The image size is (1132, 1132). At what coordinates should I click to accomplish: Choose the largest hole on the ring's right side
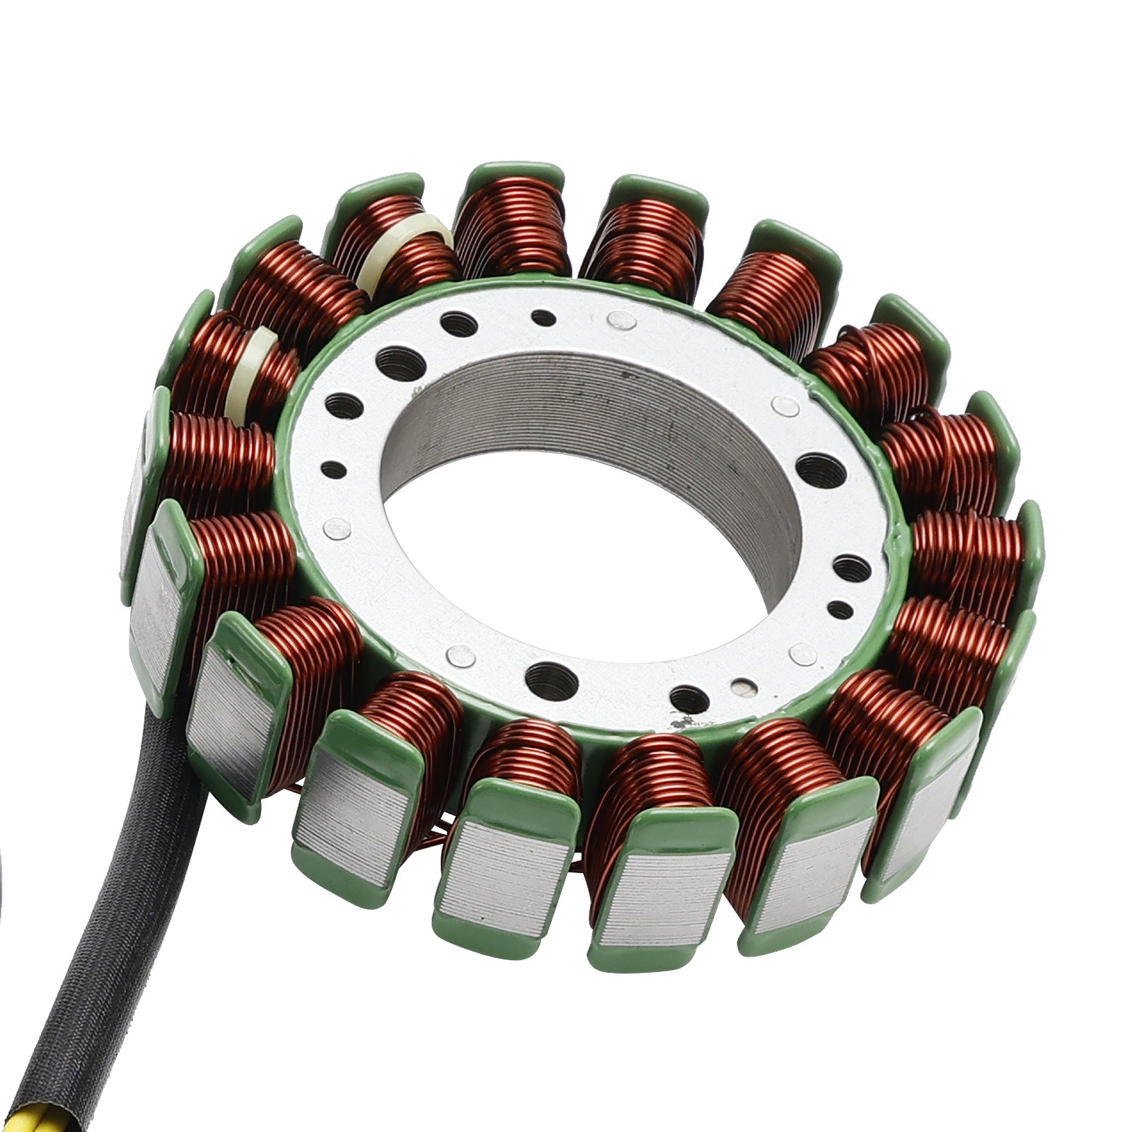[x=820, y=470]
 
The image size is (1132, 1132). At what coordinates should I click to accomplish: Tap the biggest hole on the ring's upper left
[x=399, y=364]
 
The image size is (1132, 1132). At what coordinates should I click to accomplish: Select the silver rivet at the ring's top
[x=620, y=320]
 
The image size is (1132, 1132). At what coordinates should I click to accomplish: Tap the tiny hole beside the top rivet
[x=543, y=318]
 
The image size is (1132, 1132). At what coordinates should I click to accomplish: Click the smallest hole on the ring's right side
[x=840, y=609]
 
